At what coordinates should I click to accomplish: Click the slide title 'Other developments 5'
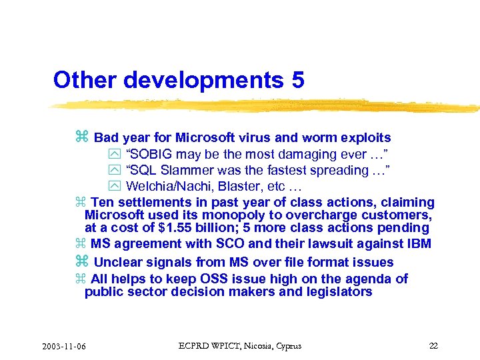point(179,80)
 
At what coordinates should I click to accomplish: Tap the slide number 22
point(433,346)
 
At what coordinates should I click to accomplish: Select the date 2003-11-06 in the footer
point(67,347)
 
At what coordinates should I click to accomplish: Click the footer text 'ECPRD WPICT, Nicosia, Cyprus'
point(240,346)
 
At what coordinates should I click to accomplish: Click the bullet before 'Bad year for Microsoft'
point(82,137)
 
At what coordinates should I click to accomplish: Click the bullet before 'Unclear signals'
point(82,262)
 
